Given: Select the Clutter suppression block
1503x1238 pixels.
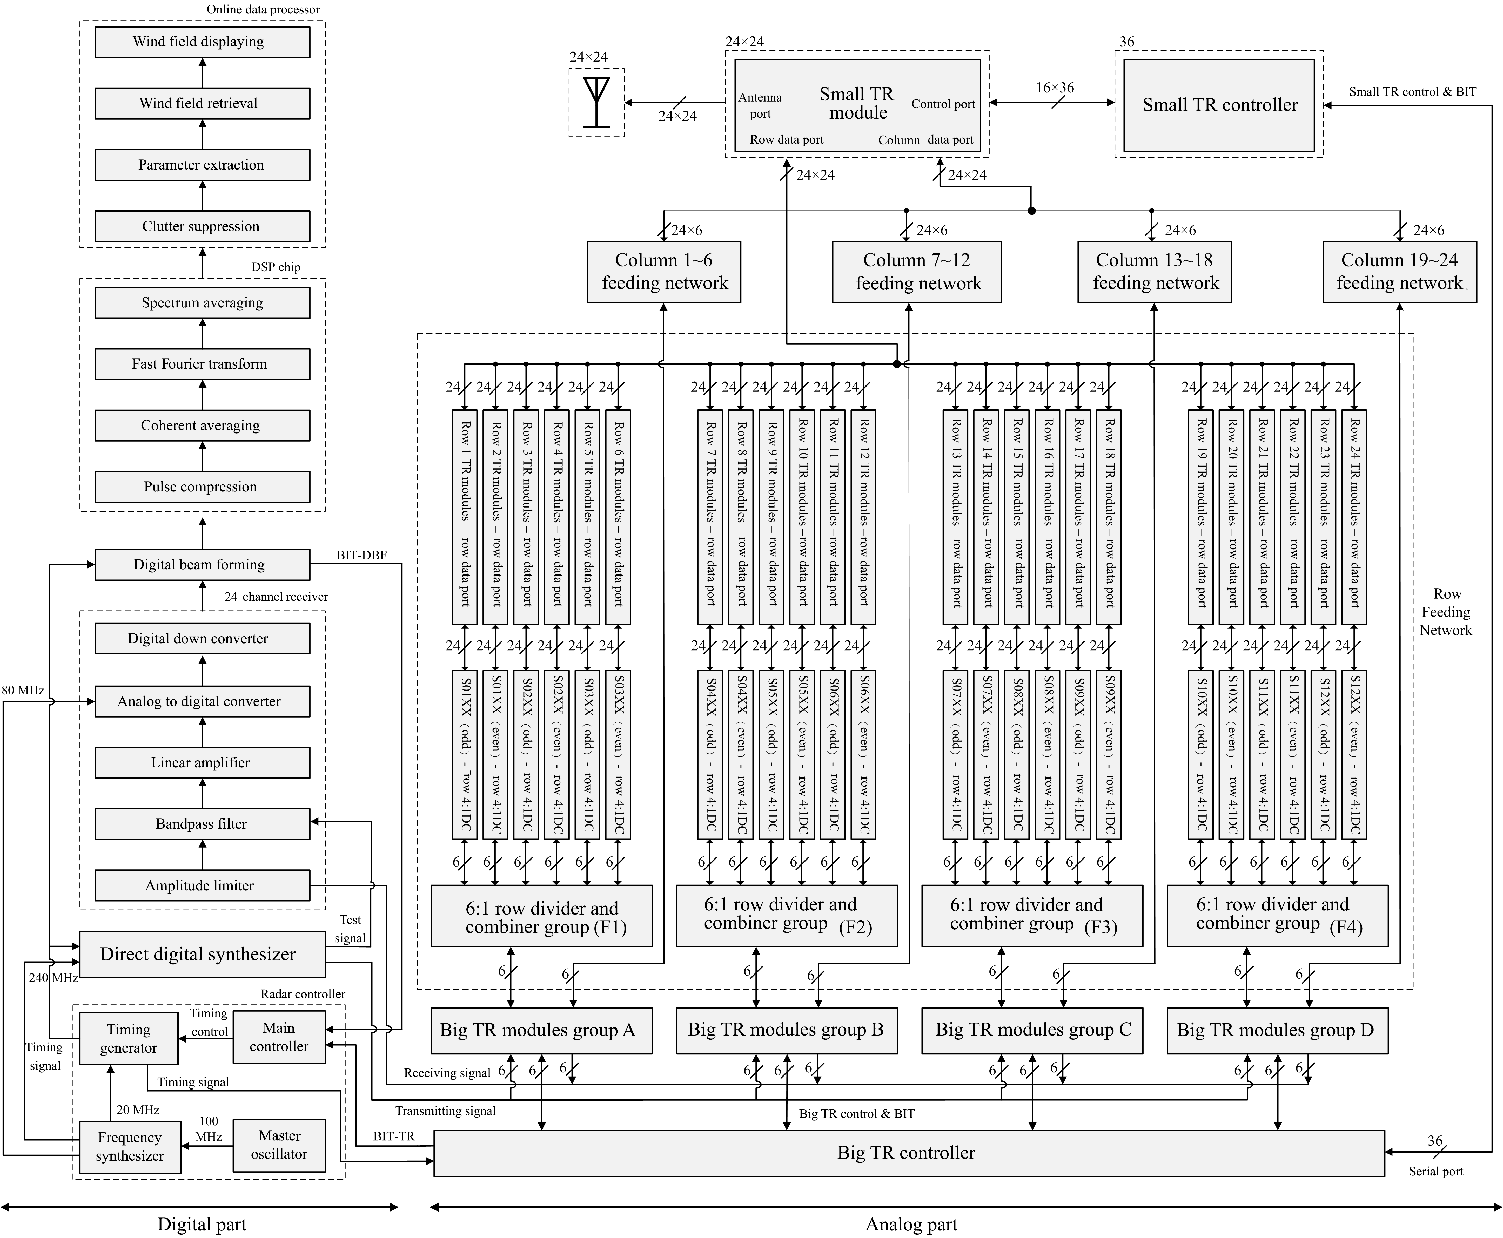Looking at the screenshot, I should click(x=202, y=226).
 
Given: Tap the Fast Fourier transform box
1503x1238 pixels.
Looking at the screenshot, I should click(x=202, y=364).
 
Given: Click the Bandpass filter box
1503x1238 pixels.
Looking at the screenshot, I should click(x=202, y=824).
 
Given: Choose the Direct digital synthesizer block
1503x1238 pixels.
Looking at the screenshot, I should click(x=202, y=954).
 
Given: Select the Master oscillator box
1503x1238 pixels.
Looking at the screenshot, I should click(x=279, y=1145).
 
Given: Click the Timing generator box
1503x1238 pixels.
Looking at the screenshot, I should click(x=128, y=1038).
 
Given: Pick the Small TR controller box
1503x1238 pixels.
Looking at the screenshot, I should click(x=1219, y=105).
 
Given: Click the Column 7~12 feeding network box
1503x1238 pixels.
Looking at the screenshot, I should click(x=917, y=272).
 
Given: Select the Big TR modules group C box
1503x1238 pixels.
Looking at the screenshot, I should click(x=1032, y=1030).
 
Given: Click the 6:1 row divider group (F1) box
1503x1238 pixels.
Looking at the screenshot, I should click(x=541, y=916).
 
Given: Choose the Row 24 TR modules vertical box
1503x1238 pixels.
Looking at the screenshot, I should click(x=1354, y=517).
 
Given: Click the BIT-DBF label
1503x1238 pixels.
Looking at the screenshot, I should click(x=362, y=555).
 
